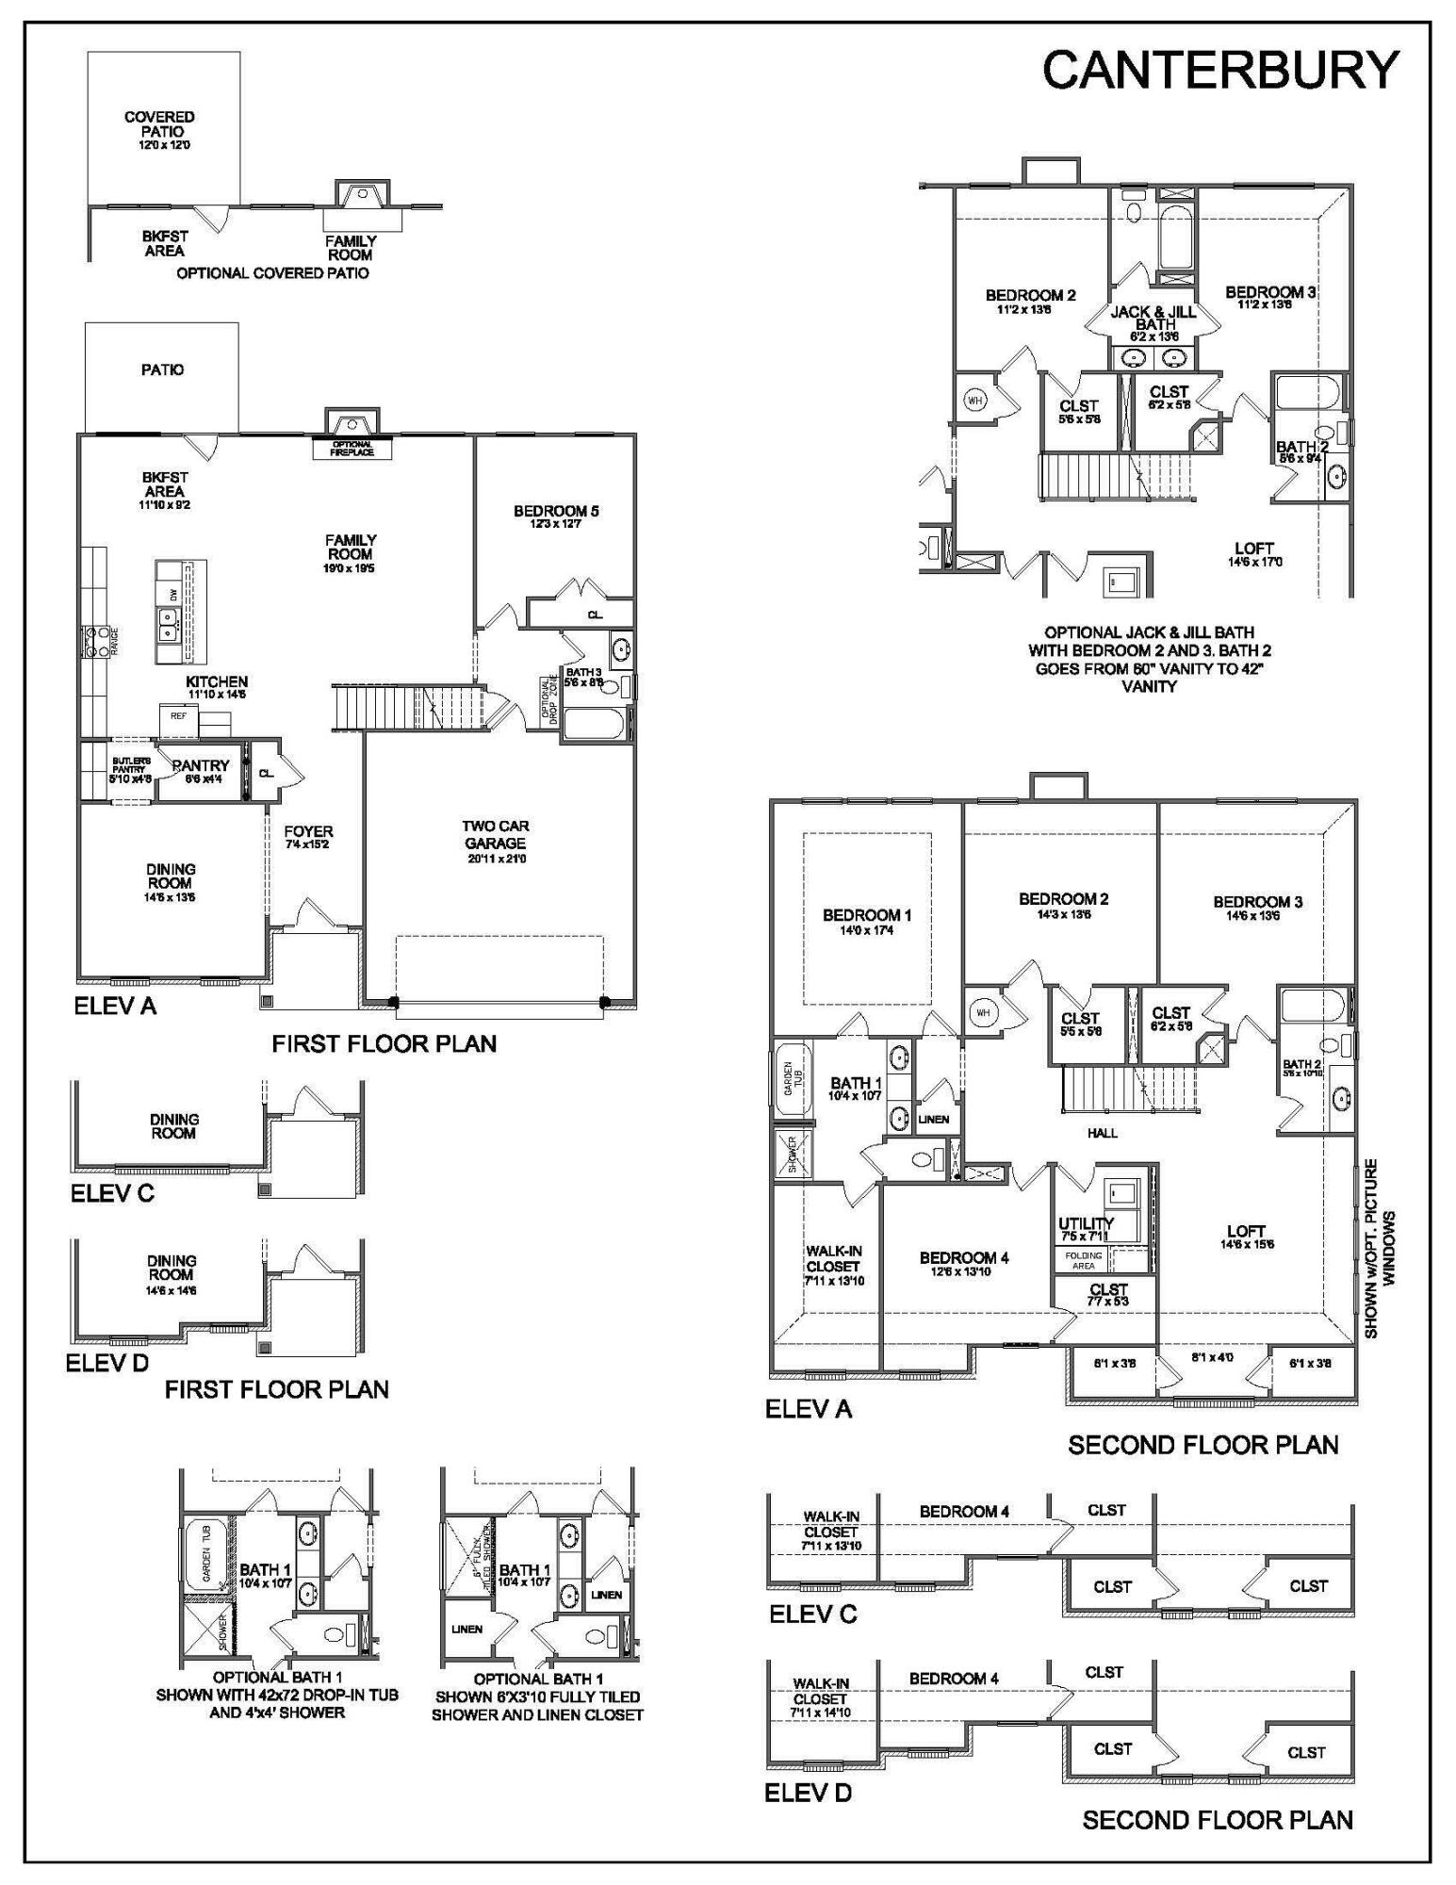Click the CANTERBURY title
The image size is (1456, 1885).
pos(1219,70)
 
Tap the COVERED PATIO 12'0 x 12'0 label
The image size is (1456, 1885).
pos(159,130)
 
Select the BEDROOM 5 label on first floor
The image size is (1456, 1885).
pos(556,516)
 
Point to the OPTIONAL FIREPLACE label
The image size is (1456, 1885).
pos(352,449)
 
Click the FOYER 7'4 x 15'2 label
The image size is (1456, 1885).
pos(308,837)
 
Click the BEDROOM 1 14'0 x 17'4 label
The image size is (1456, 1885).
pos(867,921)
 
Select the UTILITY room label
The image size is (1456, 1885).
pos(1086,1227)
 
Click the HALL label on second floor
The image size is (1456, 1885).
pos(1102,1133)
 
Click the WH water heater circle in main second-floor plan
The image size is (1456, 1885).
pos(984,1013)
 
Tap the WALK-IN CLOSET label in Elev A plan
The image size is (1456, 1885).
pos(833,1265)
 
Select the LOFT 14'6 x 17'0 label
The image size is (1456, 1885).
pos(1253,553)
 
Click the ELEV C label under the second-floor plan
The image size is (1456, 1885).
pos(812,1615)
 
